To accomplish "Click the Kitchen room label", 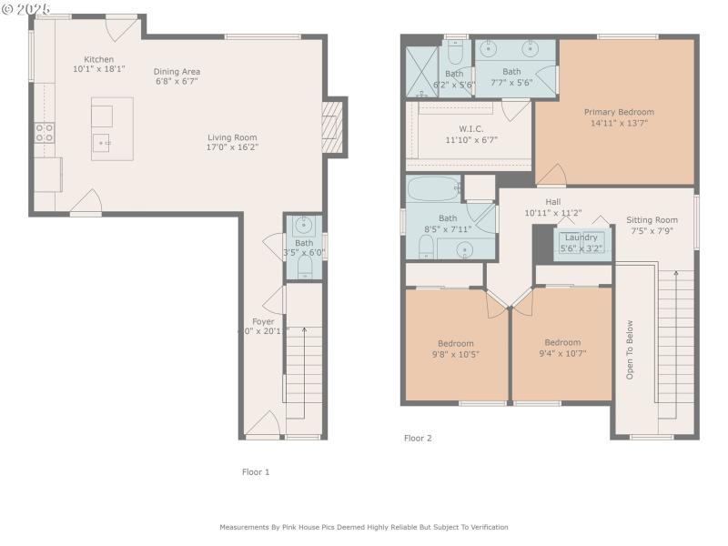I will click(99, 59).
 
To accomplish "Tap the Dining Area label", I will click(177, 72).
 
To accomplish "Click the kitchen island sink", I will click(102, 142).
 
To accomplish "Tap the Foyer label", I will click(263, 321).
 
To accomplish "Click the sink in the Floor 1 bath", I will click(304, 225).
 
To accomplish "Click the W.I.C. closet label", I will click(470, 128).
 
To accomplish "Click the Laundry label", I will click(581, 238).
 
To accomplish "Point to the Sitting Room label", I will click(652, 219).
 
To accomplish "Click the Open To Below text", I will click(629, 349).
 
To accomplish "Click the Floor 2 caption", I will click(418, 438).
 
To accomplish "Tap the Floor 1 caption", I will click(256, 471).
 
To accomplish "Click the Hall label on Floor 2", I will click(553, 202).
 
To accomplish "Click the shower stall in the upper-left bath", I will click(422, 71).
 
